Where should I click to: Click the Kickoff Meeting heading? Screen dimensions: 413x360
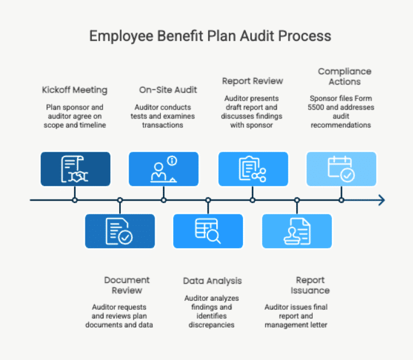[x=75, y=90]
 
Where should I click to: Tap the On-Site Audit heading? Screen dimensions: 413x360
[x=168, y=90]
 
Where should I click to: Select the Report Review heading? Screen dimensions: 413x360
[x=252, y=81]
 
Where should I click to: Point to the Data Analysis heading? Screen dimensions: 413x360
[x=212, y=281]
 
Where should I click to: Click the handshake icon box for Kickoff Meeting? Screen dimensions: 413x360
[x=75, y=169]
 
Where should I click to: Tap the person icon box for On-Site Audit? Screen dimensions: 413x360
[x=164, y=169]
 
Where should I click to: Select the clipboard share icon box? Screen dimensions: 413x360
[x=253, y=169]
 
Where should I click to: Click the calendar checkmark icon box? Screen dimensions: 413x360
[x=341, y=169]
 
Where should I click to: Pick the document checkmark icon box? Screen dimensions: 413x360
[x=120, y=231]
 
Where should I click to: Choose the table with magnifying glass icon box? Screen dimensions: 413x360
[x=208, y=231]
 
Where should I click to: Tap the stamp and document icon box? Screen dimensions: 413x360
[x=297, y=231]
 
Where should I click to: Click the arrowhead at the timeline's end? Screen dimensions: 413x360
[x=382, y=200]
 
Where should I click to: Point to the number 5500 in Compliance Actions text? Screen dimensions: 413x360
[x=316, y=107]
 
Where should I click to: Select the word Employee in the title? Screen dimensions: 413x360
[x=121, y=36]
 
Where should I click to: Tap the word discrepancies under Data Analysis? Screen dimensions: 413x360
[x=212, y=325]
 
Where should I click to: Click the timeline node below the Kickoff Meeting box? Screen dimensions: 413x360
[x=75, y=200]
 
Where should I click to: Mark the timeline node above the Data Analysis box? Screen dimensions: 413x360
[x=208, y=200]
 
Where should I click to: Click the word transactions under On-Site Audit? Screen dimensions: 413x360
[x=162, y=125]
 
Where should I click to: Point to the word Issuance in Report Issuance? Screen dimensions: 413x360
[x=310, y=291]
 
